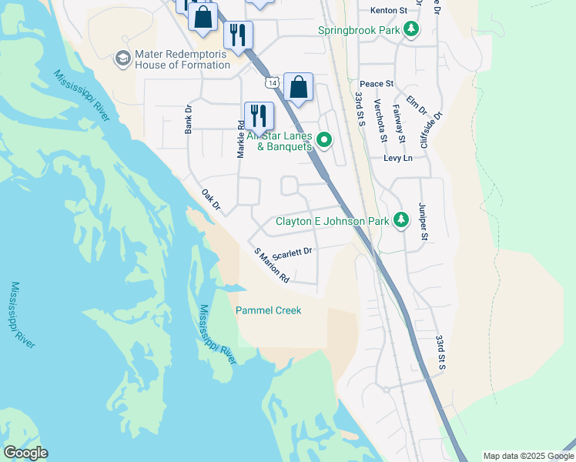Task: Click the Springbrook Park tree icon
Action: pyautogui.click(x=412, y=30)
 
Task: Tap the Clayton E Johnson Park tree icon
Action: pyautogui.click(x=400, y=221)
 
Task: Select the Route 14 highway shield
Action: pyautogui.click(x=270, y=82)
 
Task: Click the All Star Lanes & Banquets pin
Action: pyautogui.click(x=324, y=139)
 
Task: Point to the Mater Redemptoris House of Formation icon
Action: pyautogui.click(x=122, y=59)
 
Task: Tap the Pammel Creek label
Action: pyautogui.click(x=268, y=310)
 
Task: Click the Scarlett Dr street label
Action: pyautogui.click(x=291, y=252)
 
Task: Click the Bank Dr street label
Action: pyautogui.click(x=188, y=120)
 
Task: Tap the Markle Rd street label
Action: pyautogui.click(x=241, y=134)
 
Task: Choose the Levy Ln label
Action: pyautogui.click(x=398, y=158)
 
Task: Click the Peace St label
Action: pyautogui.click(x=377, y=83)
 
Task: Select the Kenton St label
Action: pyautogui.click(x=388, y=11)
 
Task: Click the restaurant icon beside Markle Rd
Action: pyautogui.click(x=259, y=115)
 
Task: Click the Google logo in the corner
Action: pyautogui.click(x=25, y=453)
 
